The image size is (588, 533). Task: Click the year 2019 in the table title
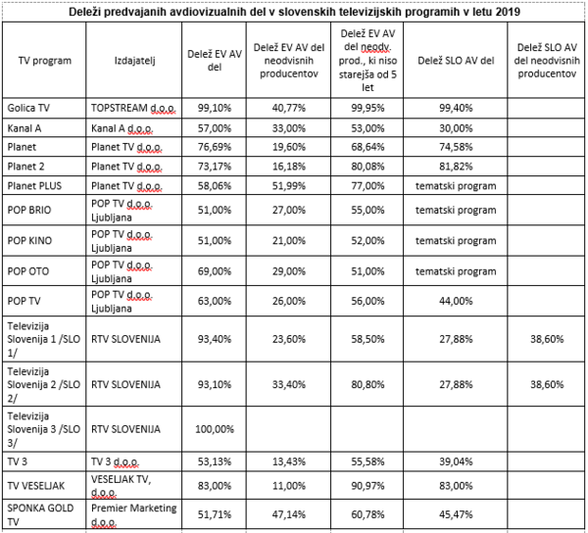(x=508, y=12)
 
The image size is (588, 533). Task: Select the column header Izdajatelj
(x=134, y=61)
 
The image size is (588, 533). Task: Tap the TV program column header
(x=45, y=61)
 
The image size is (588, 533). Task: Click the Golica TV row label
(x=28, y=108)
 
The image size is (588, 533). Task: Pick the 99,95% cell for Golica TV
(x=367, y=108)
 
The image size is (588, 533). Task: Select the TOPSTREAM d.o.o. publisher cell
(x=133, y=109)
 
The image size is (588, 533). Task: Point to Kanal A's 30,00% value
(x=456, y=128)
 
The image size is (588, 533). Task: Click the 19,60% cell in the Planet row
(x=289, y=147)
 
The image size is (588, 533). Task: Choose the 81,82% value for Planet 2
(x=456, y=167)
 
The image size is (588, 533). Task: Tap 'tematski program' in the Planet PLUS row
(x=456, y=186)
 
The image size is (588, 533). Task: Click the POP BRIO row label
(x=29, y=210)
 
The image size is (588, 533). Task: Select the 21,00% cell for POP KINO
(x=289, y=241)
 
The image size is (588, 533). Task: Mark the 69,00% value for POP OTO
(x=215, y=271)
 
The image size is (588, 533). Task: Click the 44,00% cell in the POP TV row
(x=456, y=301)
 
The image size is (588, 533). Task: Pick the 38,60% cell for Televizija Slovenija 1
(x=547, y=339)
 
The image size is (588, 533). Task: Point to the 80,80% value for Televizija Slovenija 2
(x=367, y=385)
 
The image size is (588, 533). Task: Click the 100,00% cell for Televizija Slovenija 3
(x=215, y=429)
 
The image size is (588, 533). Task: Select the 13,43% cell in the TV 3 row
(x=289, y=461)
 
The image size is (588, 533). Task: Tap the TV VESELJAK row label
(x=36, y=486)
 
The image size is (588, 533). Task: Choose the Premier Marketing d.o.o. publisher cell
(x=134, y=514)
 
